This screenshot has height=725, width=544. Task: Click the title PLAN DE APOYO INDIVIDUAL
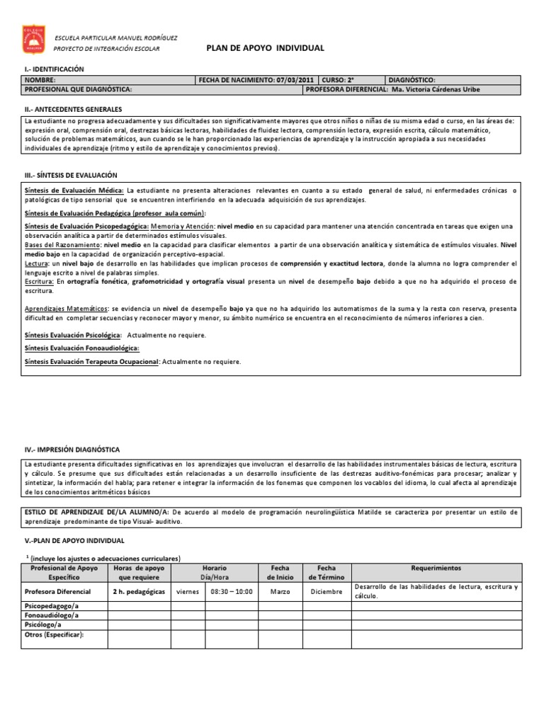[265, 48]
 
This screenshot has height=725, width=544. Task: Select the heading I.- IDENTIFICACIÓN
[54, 69]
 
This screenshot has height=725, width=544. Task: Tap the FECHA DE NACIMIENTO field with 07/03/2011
[258, 81]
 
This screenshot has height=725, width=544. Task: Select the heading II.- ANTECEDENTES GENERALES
[73, 110]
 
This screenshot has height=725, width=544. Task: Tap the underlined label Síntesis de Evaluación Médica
[74, 191]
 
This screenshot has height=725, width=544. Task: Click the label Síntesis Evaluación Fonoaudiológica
[81, 348]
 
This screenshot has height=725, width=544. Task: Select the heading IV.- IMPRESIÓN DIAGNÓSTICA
[72, 450]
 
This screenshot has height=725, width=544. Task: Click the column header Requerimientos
[436, 568]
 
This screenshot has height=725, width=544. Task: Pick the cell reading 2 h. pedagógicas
[139, 590]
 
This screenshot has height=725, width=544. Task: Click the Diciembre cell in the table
[327, 590]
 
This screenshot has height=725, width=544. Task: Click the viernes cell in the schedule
[187, 590]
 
